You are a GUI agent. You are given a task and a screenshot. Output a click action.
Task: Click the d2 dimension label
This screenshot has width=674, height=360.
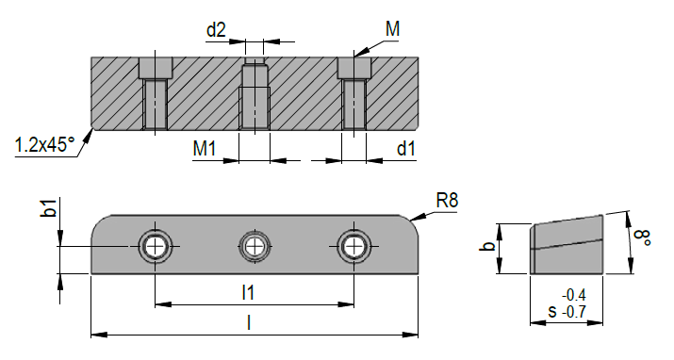click(216, 30)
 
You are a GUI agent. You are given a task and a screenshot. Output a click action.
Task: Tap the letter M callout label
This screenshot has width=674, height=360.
click(392, 30)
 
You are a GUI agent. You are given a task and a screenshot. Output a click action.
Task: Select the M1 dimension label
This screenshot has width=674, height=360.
click(206, 148)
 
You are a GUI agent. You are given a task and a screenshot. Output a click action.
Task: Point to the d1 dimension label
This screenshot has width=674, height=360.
click(406, 148)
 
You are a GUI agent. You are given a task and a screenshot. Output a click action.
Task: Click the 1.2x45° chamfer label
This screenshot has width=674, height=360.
click(43, 145)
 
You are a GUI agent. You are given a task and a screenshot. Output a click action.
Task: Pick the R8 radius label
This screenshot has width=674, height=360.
click(448, 201)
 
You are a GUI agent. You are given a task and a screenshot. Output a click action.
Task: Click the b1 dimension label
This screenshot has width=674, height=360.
click(49, 209)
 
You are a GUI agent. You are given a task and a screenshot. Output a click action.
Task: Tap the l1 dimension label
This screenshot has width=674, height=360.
click(249, 293)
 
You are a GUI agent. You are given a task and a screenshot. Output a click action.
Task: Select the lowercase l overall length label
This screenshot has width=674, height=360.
click(248, 322)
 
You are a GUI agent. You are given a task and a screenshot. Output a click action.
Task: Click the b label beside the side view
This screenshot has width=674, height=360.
click(486, 247)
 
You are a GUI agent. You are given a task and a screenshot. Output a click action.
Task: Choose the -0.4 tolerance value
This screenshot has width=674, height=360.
click(575, 293)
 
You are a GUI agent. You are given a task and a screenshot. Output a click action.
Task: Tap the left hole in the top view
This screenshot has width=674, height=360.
click(154, 246)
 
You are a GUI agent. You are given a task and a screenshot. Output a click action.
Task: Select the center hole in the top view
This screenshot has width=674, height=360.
click(254, 246)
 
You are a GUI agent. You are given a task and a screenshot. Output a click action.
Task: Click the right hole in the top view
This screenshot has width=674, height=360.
click(353, 246)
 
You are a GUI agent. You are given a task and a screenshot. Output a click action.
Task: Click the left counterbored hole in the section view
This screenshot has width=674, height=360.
click(156, 94)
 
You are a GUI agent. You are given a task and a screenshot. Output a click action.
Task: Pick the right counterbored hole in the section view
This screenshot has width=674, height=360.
click(354, 94)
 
